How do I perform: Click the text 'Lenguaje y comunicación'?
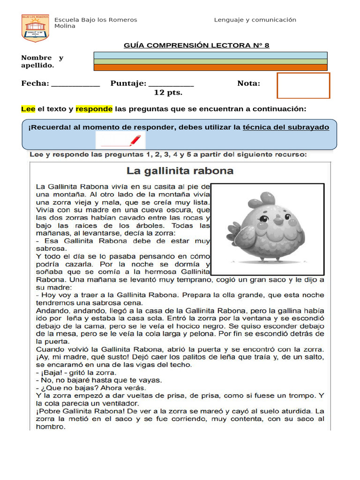(255, 20)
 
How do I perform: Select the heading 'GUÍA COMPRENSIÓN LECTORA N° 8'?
(196, 45)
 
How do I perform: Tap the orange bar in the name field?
(210, 67)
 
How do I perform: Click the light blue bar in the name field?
(210, 55)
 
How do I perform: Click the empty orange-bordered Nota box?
(303, 85)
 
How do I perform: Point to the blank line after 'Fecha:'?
(75, 84)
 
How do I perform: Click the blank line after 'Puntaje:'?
(171, 84)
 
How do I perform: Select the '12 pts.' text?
(168, 92)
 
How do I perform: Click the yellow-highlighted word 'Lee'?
(28, 109)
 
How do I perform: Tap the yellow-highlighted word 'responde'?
(94, 109)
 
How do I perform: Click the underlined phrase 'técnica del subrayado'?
(285, 127)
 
